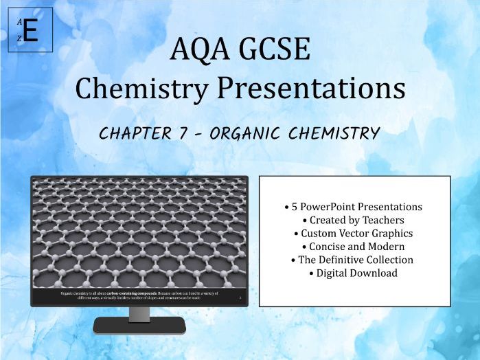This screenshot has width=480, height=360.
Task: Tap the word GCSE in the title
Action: tap(278, 51)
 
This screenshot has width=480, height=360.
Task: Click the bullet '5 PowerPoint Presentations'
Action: tap(354, 207)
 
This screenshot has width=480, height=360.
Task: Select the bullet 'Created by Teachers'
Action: tap(354, 220)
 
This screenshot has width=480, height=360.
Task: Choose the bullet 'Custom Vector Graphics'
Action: tap(354, 233)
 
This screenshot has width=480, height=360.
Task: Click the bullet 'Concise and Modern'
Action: tap(354, 246)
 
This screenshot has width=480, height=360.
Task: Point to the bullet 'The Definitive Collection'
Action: tap(354, 260)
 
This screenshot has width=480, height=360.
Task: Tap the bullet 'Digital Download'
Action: tap(354, 273)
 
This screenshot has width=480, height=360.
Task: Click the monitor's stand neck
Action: tap(139, 313)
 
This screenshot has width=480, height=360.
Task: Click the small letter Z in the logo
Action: tap(19, 39)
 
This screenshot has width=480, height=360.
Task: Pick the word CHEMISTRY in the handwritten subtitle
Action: tap(336, 133)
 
